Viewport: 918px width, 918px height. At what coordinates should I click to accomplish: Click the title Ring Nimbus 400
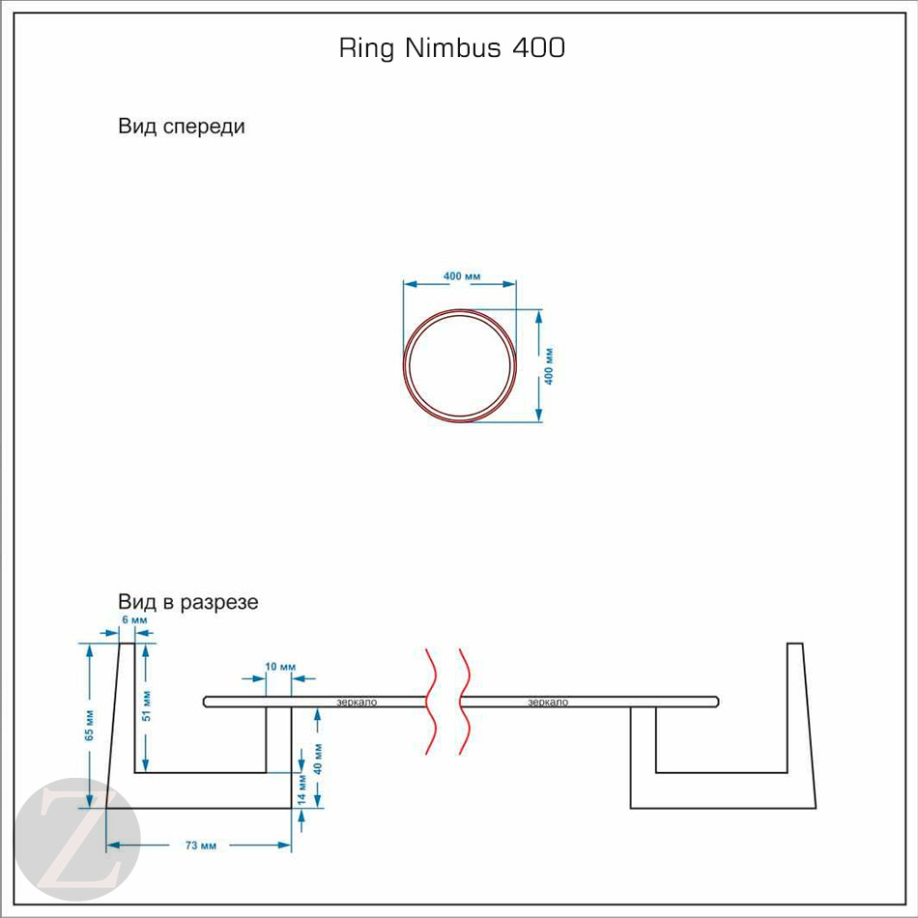(451, 48)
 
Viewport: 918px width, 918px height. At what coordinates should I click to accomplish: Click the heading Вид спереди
(181, 127)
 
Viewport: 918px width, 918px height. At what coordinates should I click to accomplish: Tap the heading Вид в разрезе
(187, 602)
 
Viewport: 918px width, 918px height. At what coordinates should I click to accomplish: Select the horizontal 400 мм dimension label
(462, 276)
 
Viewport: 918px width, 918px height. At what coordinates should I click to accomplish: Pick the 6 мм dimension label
(134, 619)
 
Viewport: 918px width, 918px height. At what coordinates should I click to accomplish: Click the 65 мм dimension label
(89, 725)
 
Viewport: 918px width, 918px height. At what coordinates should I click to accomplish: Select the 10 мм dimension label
(280, 668)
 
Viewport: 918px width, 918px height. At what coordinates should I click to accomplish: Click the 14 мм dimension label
(302, 789)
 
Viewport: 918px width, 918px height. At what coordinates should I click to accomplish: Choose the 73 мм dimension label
(200, 846)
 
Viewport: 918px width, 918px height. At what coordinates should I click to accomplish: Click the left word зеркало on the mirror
(357, 702)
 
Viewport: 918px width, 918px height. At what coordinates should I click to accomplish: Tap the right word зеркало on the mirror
(548, 702)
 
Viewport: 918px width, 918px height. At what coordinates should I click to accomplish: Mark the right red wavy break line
(464, 701)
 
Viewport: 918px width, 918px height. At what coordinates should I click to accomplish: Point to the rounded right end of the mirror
(715, 702)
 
